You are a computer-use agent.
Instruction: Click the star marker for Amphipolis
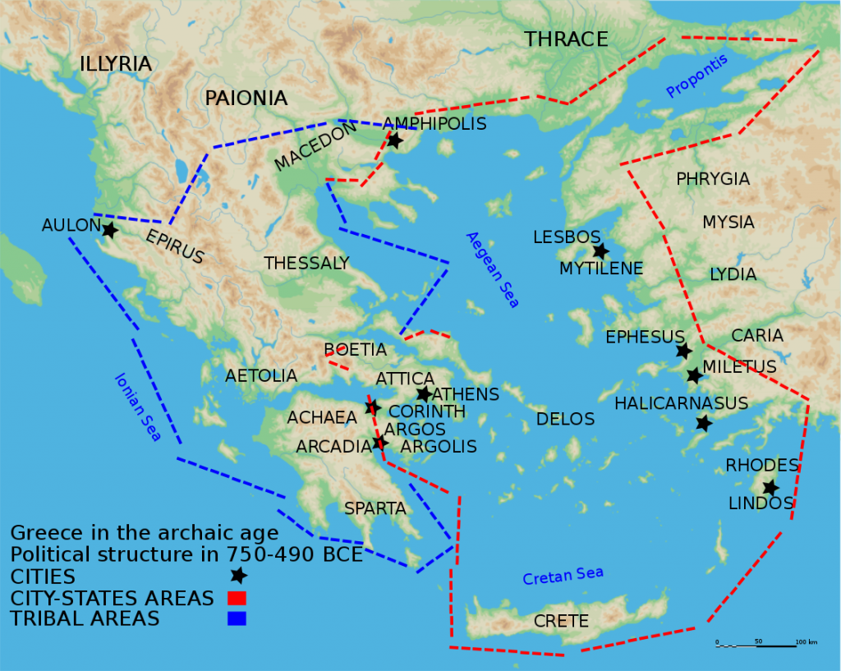[394, 140]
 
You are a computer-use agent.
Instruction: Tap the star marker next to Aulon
[109, 230]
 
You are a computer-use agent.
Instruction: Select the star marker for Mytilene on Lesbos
[600, 251]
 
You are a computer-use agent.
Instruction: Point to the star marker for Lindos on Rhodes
[770, 487]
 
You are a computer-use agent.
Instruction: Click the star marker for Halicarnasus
[704, 423]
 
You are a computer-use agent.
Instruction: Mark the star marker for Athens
[424, 394]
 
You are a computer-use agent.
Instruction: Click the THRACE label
[566, 39]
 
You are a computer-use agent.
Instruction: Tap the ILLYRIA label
[116, 64]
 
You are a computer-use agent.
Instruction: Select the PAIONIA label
[246, 99]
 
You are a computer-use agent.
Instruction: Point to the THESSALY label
[306, 264]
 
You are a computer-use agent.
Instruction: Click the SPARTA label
[375, 508]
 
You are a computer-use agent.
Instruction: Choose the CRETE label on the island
[561, 621]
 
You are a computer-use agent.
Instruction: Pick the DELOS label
[565, 420]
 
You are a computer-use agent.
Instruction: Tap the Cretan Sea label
[563, 577]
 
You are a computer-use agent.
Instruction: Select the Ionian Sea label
[137, 407]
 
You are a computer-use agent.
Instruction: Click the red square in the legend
[237, 598]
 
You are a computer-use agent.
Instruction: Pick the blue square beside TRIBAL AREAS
[237, 618]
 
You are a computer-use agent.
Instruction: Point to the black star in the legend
[238, 576]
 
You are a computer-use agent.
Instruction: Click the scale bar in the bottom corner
[756, 646]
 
